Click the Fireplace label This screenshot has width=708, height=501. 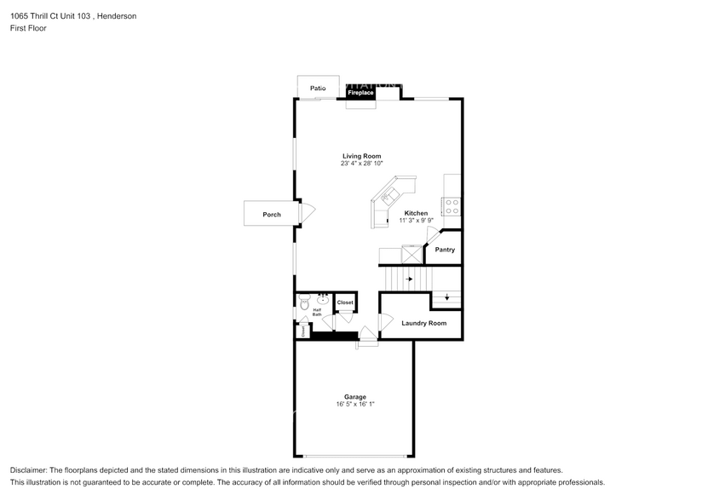point(360,92)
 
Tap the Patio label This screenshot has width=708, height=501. point(318,88)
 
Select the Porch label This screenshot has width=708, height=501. point(271,215)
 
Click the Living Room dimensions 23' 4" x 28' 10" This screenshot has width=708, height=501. point(362,164)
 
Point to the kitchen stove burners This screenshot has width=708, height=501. point(452,206)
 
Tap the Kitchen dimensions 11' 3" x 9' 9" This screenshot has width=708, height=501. point(416,221)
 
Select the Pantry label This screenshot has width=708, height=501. point(445,250)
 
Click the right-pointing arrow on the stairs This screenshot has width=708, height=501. point(409,279)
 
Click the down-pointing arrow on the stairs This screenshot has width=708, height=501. point(446,297)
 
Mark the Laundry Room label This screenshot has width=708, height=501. point(423,324)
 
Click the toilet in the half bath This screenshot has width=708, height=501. point(304,301)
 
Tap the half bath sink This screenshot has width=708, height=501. point(323,300)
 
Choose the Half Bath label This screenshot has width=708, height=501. point(317,313)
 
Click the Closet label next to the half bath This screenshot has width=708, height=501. point(345,302)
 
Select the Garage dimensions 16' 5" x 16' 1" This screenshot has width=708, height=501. point(355,405)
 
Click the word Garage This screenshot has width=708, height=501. point(355,397)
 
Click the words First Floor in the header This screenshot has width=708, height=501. point(29,28)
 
